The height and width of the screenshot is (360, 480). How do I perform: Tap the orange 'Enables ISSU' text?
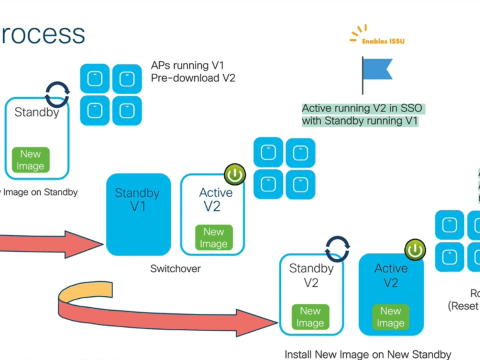coord(383,41)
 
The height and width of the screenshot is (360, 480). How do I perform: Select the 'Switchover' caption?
coord(175,268)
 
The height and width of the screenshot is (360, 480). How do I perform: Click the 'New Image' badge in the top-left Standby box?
coord(30,160)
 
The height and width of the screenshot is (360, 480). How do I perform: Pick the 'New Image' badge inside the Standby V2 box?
coord(310,317)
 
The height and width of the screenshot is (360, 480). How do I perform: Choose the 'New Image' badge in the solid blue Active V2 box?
coord(390,317)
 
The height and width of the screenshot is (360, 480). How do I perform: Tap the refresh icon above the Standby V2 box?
coord(337,248)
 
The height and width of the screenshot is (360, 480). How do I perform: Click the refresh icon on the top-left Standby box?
coord(57,94)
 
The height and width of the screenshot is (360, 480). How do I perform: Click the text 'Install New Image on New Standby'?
coord(368,354)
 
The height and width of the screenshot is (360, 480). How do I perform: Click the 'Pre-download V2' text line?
coord(193,78)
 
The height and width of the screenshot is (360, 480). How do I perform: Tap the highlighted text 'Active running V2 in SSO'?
coord(362,108)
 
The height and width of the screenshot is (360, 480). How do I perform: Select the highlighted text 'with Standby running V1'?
coord(360,121)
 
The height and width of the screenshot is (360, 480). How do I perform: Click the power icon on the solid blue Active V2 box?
coord(415,250)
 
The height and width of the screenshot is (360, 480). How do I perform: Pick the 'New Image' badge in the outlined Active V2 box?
coord(213,238)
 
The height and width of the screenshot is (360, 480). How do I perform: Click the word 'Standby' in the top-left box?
coord(36,112)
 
